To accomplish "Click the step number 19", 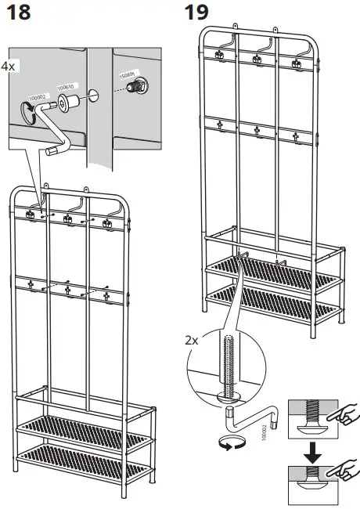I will point(197,15).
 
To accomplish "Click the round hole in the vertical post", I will point(94,96).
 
